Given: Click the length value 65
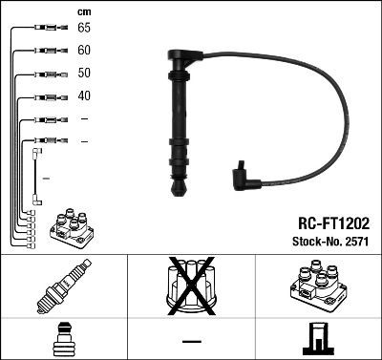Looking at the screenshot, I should point(85,27).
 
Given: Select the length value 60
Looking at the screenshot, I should point(85,50).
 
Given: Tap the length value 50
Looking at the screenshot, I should point(85,73).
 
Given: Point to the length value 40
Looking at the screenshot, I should point(85,95).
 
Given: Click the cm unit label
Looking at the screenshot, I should point(83,11).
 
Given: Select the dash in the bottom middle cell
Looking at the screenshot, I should point(191,341).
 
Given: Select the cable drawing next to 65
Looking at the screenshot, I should point(44,28).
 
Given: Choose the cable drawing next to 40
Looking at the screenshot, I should point(44,96).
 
